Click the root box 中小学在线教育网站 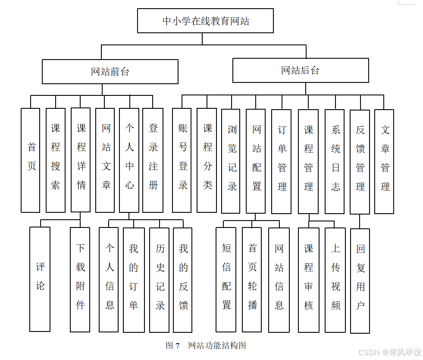205,21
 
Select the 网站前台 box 110,72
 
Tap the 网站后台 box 301,70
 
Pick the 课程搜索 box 56,160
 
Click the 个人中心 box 129,160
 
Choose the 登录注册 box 153,160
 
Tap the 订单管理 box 281,161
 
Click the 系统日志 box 335,161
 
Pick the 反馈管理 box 360,162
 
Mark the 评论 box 40,279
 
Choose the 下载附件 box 80,280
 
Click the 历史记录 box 159,280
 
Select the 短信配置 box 226,280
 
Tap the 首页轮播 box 252,280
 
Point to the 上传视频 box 335,280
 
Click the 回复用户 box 360,281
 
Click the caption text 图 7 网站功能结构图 206,345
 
